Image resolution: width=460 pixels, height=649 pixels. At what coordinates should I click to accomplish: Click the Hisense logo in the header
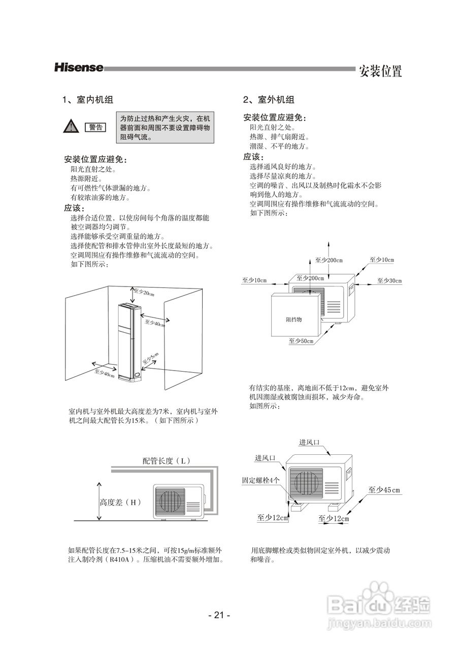[x=79, y=67]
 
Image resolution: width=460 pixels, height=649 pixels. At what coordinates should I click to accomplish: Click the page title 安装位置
[x=380, y=71]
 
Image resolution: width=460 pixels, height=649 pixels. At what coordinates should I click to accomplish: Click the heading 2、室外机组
[x=269, y=100]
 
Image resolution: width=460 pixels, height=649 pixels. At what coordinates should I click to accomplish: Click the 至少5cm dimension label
[x=151, y=358]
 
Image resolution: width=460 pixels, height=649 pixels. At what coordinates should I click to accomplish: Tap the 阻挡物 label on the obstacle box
[x=293, y=320]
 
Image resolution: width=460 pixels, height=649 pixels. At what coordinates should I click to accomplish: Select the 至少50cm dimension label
[x=301, y=341]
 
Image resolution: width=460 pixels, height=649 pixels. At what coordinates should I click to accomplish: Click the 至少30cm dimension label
[x=389, y=280]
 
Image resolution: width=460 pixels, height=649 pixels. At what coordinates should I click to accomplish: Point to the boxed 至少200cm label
[x=310, y=278]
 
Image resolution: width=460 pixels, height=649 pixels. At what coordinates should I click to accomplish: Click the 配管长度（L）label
[x=166, y=460]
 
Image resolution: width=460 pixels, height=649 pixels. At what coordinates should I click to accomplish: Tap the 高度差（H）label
[x=120, y=502]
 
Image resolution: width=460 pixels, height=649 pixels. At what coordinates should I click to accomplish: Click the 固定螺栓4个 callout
[x=260, y=480]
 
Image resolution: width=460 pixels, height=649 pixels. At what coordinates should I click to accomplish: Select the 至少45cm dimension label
[x=384, y=490]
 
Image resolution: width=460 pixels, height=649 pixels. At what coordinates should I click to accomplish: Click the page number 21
[x=219, y=615]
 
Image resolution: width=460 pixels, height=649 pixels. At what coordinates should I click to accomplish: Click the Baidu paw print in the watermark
[x=379, y=593]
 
